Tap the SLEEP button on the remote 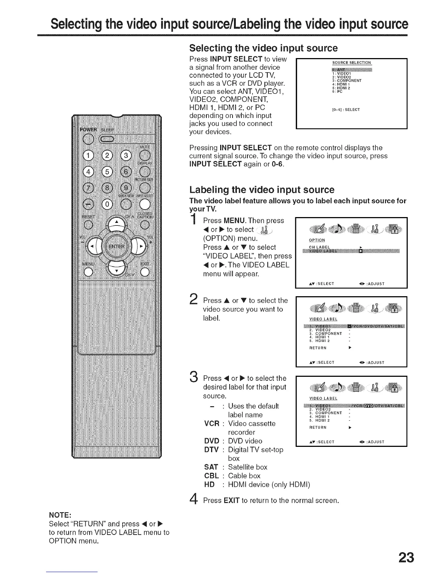point(107,139)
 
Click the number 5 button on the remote point(107,172)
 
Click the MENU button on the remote point(88,271)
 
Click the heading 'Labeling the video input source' point(262,190)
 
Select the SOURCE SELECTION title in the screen point(351,62)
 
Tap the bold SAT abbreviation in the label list point(211,467)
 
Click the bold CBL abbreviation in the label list point(211,476)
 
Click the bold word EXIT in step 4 point(231,501)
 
